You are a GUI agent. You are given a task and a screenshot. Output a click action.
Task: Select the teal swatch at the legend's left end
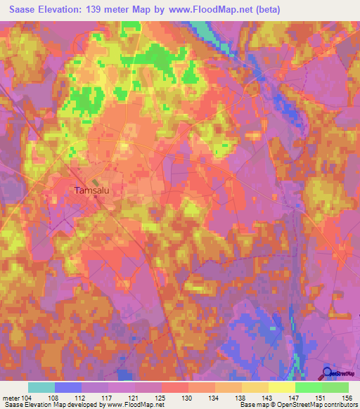click(x=41, y=387)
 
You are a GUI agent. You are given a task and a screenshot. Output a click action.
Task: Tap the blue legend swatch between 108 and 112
click(x=67, y=387)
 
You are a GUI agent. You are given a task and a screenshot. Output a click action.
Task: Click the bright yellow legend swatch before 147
click(x=281, y=387)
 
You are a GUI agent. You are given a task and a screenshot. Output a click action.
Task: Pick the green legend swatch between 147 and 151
click(x=308, y=387)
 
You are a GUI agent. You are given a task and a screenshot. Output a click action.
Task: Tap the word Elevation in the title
click(x=63, y=8)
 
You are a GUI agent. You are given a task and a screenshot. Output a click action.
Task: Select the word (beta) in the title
click(x=299, y=8)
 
